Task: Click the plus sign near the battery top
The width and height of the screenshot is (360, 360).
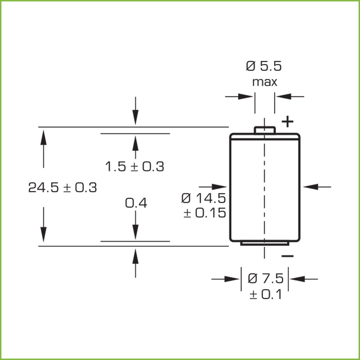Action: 288,122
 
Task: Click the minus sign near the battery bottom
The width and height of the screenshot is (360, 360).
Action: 288,256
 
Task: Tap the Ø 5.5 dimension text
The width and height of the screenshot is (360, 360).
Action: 264,66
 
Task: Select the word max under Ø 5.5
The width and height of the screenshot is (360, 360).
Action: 264,82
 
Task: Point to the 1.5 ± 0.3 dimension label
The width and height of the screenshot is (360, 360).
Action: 135,166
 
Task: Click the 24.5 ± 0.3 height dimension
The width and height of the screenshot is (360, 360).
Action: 63,187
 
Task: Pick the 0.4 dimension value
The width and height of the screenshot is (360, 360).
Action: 136,203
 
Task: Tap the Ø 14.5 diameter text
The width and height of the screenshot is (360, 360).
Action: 204,198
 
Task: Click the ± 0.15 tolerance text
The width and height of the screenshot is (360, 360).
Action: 205,213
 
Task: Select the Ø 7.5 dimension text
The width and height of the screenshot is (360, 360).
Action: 266,278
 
